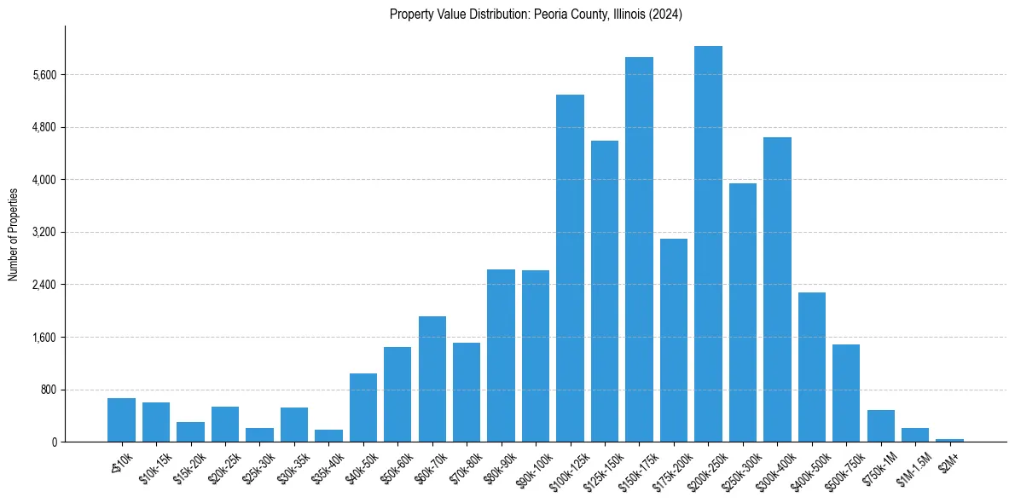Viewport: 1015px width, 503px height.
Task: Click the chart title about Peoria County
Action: tap(536, 14)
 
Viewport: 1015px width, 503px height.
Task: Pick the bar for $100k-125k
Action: tap(570, 268)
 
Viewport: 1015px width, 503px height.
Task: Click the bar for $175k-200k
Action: tap(674, 340)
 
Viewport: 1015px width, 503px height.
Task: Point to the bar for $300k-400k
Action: tap(777, 289)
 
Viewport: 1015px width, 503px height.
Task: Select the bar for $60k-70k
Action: tap(432, 379)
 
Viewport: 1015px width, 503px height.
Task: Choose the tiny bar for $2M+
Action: tap(949, 440)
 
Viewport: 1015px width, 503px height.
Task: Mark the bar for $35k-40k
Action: tap(328, 436)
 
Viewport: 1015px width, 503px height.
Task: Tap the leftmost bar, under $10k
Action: tap(121, 419)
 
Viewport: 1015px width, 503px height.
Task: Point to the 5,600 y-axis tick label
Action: tap(43, 75)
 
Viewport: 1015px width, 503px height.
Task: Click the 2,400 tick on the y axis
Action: tap(43, 285)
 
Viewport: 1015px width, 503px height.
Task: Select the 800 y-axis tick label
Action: tap(47, 390)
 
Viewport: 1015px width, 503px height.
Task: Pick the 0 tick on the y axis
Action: tap(53, 442)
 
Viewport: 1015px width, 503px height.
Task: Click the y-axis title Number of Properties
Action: tap(14, 234)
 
